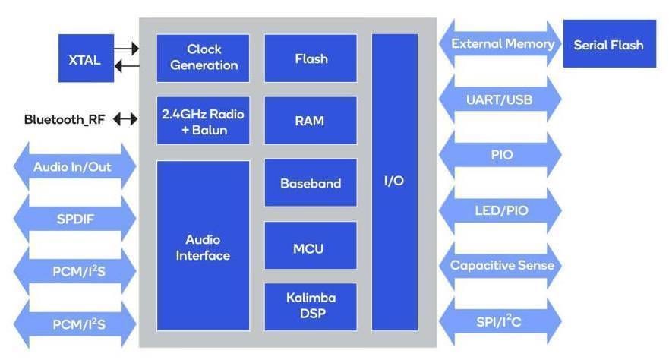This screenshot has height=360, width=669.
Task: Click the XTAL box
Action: click(86, 58)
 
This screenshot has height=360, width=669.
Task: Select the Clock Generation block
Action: click(204, 58)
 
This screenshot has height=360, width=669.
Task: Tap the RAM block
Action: click(311, 120)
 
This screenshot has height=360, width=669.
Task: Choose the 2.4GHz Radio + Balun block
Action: click(204, 121)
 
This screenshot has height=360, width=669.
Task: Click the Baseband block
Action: click(311, 183)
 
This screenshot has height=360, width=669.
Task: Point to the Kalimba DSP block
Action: click(311, 306)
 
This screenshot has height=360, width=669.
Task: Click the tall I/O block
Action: click(395, 182)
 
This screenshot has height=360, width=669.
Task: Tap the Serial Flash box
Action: click(609, 45)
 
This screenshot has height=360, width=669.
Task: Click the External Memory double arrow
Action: click(501, 43)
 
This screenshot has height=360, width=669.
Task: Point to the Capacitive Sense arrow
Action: click(501, 265)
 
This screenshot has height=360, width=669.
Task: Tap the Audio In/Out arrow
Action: click(72, 167)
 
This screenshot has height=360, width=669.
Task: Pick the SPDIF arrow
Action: click(72, 219)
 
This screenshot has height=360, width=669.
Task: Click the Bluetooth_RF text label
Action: click(65, 119)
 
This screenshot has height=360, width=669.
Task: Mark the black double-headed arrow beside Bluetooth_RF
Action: click(125, 119)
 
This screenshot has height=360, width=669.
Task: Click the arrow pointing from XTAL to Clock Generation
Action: click(127, 49)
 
